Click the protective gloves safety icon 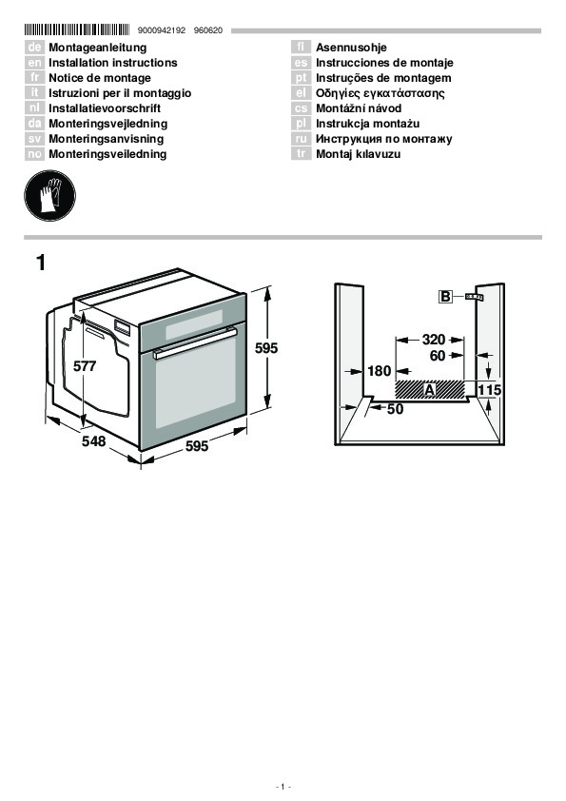click(x=49, y=196)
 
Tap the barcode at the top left click(x=77, y=29)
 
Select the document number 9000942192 click(x=162, y=30)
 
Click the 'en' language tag click(x=34, y=63)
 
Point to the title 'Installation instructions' click(x=113, y=63)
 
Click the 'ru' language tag click(x=301, y=139)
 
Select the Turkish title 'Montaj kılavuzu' click(x=358, y=154)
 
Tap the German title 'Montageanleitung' click(x=98, y=48)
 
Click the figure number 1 click(x=40, y=264)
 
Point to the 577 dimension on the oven click(x=85, y=366)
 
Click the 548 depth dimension click(x=94, y=440)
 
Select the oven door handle click(x=196, y=342)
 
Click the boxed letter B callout click(x=445, y=296)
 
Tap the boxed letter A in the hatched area click(x=430, y=390)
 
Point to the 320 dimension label click(x=434, y=340)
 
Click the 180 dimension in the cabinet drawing click(x=379, y=371)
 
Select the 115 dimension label click(x=489, y=390)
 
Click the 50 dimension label click(x=396, y=409)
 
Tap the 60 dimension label click(x=438, y=356)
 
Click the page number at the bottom click(x=283, y=786)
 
